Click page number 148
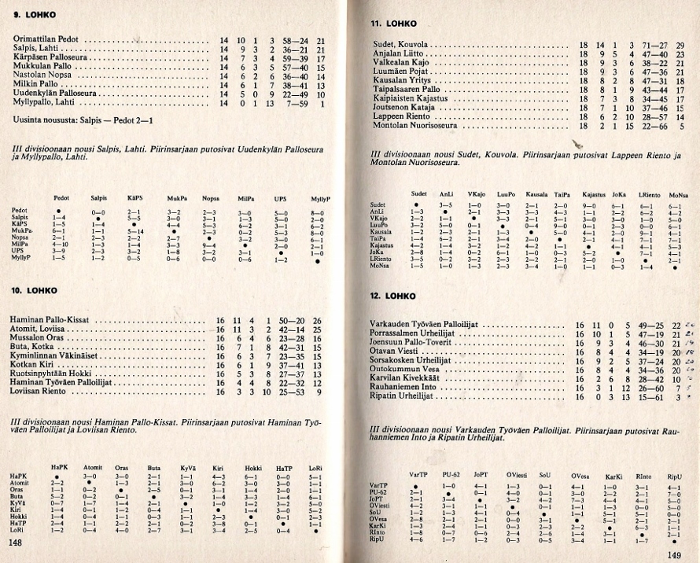15,543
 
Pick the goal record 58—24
293,39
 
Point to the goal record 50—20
293,321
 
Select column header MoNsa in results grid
678,193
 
